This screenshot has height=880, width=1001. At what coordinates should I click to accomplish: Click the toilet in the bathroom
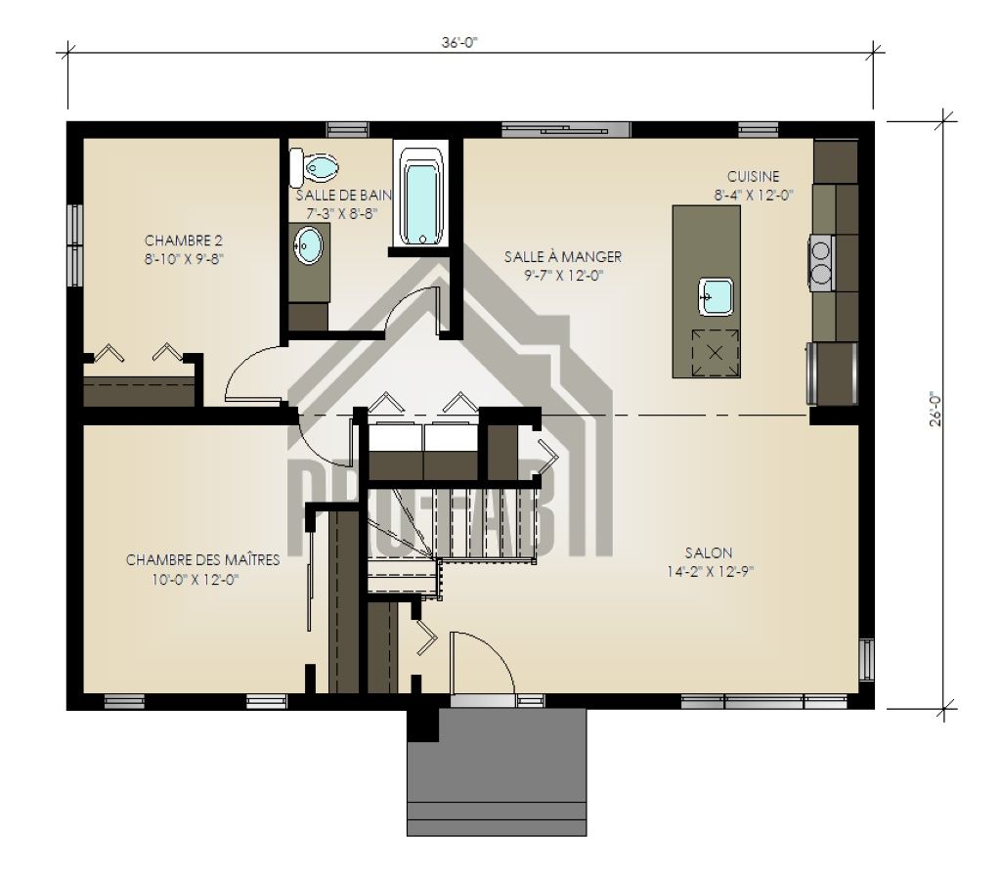[x=314, y=167]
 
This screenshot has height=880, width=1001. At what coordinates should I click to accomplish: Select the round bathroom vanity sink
[x=308, y=245]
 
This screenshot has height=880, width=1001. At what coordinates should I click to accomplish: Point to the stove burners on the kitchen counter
[x=821, y=263]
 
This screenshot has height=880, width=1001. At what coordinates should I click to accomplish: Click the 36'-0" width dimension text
[x=459, y=43]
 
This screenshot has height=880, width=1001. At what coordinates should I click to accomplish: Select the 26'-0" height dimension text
[x=936, y=409]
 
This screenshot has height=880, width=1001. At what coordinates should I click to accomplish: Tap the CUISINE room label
[x=754, y=176]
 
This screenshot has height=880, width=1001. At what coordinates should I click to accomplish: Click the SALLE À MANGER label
[x=563, y=257]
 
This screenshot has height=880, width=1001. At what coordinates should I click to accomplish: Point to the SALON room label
[x=709, y=552]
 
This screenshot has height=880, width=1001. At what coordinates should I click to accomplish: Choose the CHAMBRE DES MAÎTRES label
[x=203, y=560]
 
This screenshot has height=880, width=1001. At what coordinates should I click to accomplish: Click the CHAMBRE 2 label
[x=184, y=241]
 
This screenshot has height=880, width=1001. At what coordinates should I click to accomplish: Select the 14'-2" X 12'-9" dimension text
[x=711, y=572]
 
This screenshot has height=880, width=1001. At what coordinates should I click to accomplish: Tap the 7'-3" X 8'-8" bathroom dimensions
[x=342, y=214]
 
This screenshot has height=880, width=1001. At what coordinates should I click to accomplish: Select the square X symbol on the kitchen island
[x=716, y=352]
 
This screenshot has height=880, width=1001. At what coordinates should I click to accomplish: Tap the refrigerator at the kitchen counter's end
[x=833, y=374]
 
